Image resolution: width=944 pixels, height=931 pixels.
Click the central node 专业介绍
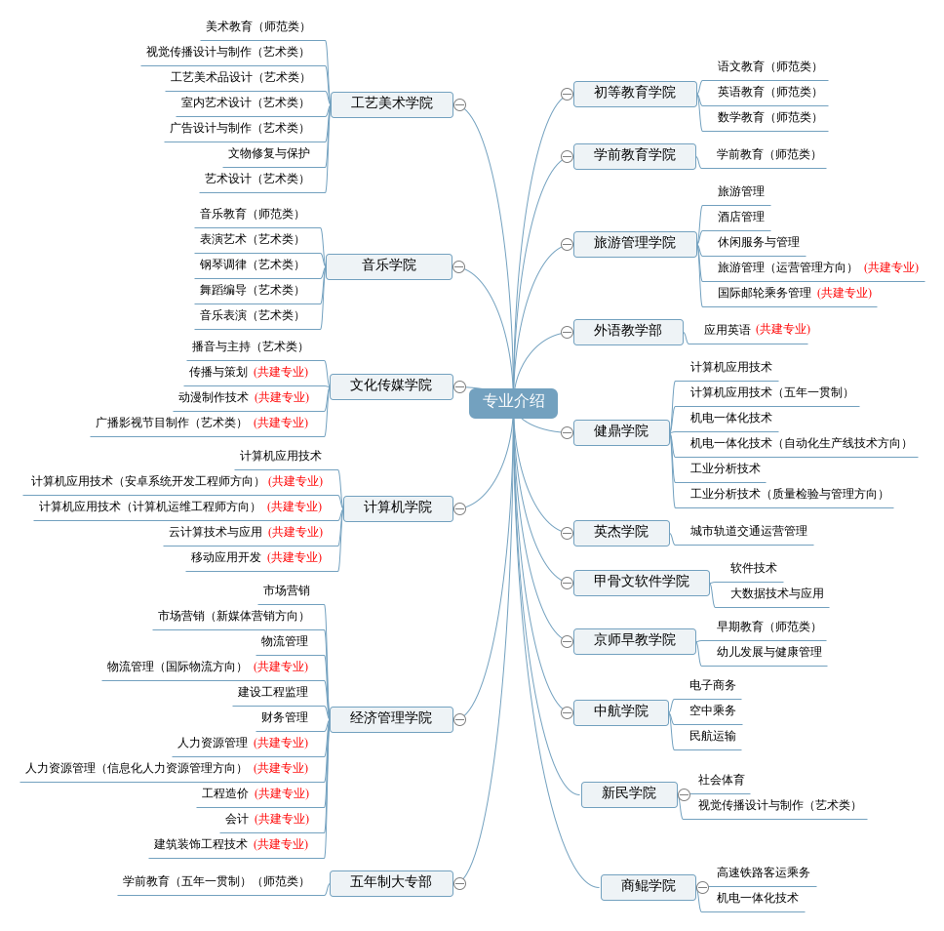coord(513,402)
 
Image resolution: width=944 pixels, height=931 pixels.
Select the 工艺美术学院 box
coord(391,103)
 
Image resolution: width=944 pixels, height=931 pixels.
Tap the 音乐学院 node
coord(388,265)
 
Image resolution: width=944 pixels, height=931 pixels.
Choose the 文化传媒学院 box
coord(390,385)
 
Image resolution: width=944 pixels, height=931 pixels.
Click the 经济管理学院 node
coord(390,718)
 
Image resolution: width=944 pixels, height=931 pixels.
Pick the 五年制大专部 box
coord(390,882)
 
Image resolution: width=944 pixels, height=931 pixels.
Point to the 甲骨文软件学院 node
coord(641,582)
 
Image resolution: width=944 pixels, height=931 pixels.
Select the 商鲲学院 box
coord(648,886)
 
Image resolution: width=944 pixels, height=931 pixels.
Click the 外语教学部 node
coord(627,331)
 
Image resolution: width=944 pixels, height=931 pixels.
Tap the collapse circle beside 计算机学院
coord(459,508)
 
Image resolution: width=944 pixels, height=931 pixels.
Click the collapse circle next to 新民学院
coord(684,794)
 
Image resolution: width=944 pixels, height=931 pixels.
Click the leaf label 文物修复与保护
coord(268,153)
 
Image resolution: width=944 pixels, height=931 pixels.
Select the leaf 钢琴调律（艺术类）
coord(252,264)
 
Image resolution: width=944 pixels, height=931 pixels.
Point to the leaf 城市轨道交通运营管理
coord(748,531)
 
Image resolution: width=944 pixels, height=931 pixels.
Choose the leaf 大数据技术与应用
coord(776,593)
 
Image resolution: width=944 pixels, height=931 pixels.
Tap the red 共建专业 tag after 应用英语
coord(782,330)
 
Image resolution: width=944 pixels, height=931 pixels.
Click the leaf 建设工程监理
coord(272,692)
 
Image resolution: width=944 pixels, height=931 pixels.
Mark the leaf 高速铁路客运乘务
coord(763,872)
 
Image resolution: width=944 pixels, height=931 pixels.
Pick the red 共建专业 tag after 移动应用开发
coord(294,557)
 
